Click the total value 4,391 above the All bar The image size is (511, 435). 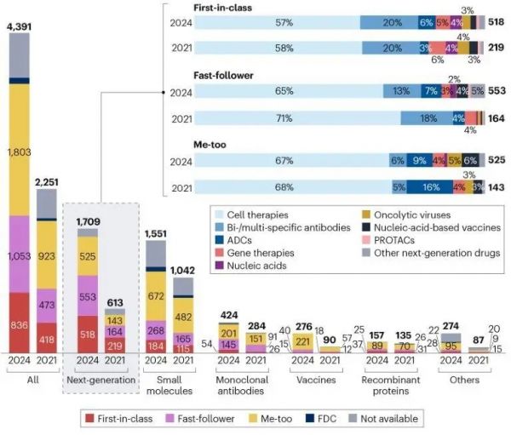point(20,26)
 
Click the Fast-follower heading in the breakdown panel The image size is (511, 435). point(222,76)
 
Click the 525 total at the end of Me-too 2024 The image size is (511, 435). point(497,159)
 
